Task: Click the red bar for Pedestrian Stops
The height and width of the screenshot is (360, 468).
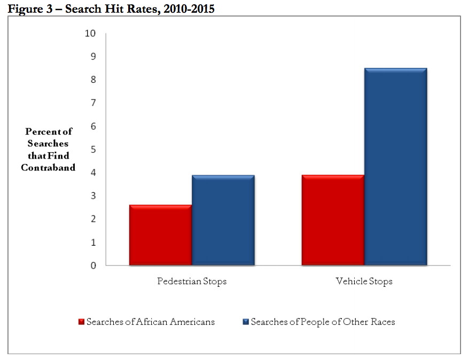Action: [x=160, y=235]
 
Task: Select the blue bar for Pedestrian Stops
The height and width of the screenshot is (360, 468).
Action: [x=223, y=220]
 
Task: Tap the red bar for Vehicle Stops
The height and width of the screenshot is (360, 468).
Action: [x=332, y=220]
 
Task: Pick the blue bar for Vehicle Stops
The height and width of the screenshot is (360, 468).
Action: [x=395, y=167]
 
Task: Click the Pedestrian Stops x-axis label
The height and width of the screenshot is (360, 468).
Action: [x=192, y=281]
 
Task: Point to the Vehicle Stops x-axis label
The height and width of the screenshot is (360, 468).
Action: [x=364, y=281]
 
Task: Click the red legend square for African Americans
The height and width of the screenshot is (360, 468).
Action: [x=81, y=322]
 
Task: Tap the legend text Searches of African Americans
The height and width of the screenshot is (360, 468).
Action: [x=151, y=322]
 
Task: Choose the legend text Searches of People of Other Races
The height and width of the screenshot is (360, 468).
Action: [x=323, y=322]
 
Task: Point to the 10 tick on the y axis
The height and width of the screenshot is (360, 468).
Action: [x=90, y=34]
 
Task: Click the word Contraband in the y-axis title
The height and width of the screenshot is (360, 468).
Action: [x=48, y=168]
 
